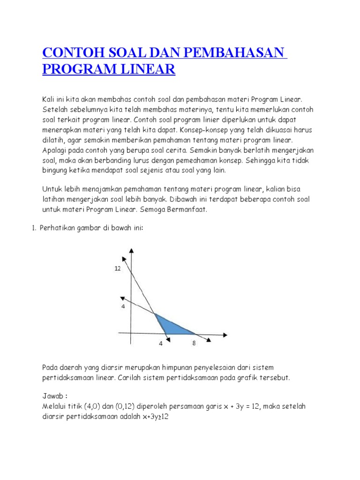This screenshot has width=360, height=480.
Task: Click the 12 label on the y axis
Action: [x=117, y=269]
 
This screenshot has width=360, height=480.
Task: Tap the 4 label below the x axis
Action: [x=160, y=343]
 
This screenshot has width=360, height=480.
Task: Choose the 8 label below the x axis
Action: [x=194, y=343]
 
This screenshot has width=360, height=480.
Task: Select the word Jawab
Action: [x=53, y=396]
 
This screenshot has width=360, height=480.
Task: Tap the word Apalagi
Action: [x=55, y=150]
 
